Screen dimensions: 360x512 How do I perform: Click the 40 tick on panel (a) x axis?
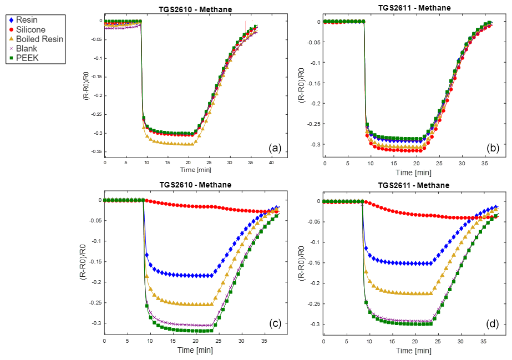271,163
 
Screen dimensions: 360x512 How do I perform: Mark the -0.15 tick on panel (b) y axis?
316,83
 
